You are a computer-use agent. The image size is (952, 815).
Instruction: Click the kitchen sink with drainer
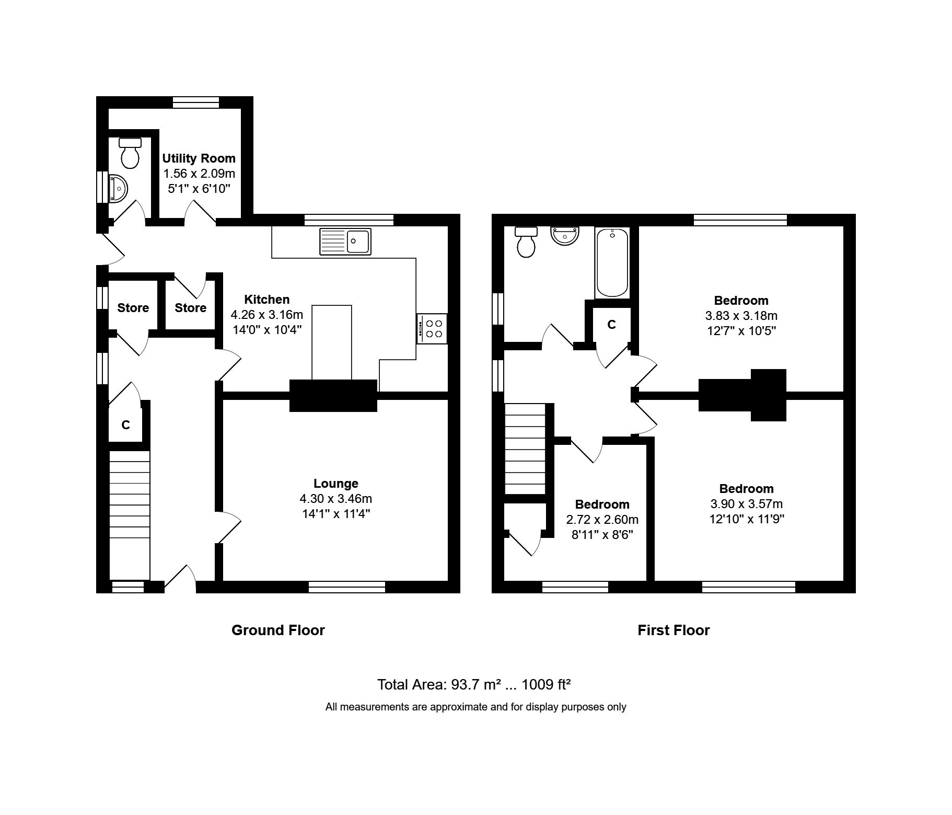(x=345, y=242)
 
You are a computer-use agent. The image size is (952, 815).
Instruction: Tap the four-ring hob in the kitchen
(x=432, y=329)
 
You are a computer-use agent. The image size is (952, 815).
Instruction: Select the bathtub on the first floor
(x=612, y=262)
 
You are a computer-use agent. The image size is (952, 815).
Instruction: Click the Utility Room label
(x=199, y=158)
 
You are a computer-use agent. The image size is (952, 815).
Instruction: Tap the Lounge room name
(x=335, y=484)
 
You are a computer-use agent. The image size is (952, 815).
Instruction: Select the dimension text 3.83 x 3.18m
(x=741, y=316)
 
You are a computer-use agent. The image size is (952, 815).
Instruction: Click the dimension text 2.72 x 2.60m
(x=602, y=520)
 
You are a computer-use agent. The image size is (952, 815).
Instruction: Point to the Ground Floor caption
(x=278, y=630)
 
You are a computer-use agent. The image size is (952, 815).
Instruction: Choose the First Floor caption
(x=673, y=630)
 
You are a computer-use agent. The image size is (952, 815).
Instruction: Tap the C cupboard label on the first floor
(x=611, y=325)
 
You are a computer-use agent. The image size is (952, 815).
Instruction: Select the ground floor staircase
(x=130, y=515)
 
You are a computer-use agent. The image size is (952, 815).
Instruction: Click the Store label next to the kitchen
(x=190, y=308)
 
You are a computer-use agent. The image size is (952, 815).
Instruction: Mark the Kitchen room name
(x=266, y=300)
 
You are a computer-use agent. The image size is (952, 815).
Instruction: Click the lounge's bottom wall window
(x=346, y=587)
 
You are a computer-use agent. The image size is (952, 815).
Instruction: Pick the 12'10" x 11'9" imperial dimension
(x=746, y=519)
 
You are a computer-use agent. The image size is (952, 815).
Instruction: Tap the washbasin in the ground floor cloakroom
(x=119, y=188)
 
